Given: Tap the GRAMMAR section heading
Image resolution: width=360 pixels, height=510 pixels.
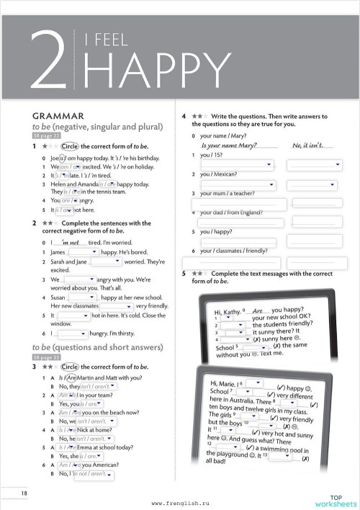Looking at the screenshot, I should pos(58,115).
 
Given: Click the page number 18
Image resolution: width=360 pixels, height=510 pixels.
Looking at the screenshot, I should pos(24,492).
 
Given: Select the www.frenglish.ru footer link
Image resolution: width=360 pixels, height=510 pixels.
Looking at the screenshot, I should pos(179,503).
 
